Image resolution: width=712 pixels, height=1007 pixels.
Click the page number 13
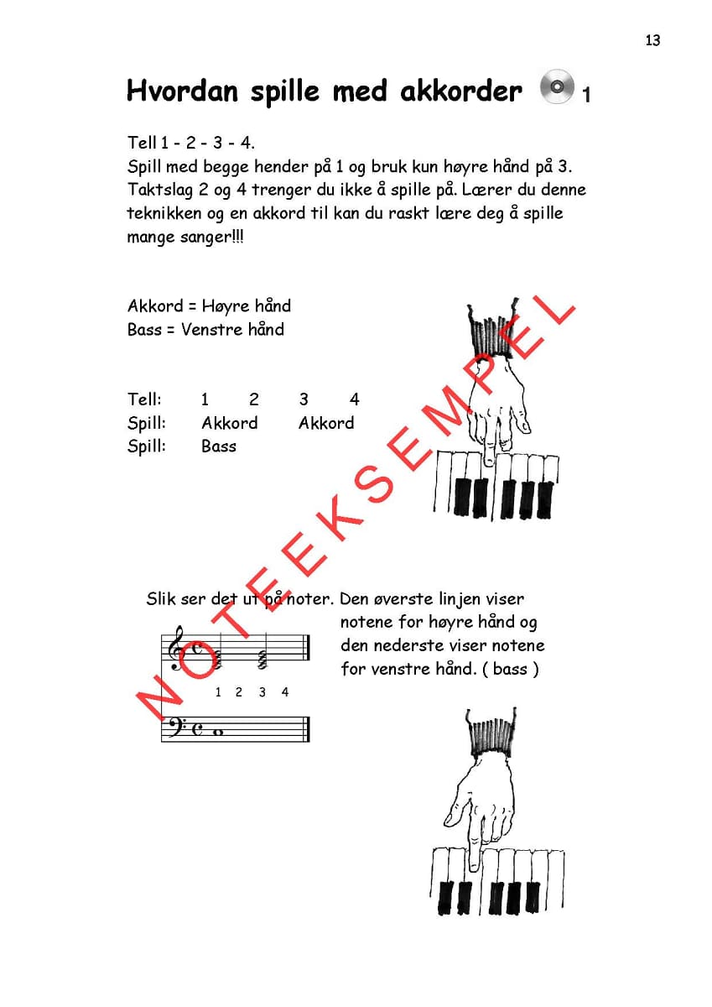(652, 40)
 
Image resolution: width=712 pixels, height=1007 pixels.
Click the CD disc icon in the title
(557, 86)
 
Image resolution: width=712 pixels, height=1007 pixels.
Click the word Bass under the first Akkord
(219, 446)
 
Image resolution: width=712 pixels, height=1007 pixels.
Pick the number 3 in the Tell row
(304, 399)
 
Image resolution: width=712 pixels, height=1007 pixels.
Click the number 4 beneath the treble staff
(285, 692)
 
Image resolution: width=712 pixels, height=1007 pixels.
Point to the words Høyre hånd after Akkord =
(247, 306)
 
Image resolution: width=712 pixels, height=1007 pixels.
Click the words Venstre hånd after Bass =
(232, 330)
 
